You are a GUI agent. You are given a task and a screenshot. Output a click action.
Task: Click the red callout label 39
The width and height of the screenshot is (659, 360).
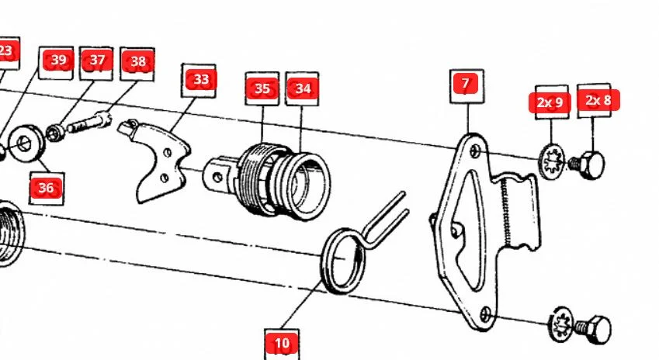(58, 60)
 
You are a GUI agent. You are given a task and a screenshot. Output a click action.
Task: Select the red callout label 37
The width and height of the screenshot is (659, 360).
(97, 60)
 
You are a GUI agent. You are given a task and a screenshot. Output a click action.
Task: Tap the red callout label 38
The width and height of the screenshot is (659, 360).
(138, 61)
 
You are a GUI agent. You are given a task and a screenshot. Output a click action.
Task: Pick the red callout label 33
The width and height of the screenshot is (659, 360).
(201, 79)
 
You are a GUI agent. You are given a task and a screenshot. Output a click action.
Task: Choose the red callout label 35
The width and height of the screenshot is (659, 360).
(262, 88)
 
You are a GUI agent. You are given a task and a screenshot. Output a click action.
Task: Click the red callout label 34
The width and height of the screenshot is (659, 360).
(303, 88)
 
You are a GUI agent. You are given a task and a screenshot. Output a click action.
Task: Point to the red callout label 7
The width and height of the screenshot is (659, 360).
(465, 83)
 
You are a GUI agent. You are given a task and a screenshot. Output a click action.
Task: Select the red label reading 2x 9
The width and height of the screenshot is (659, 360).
(550, 102)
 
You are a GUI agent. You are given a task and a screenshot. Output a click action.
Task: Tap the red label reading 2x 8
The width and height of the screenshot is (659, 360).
(598, 100)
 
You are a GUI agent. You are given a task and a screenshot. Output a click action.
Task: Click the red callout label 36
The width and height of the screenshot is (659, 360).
(46, 188)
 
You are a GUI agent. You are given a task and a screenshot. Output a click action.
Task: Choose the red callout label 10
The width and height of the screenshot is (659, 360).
(282, 344)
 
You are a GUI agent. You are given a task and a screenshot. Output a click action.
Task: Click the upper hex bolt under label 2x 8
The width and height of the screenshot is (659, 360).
(588, 164)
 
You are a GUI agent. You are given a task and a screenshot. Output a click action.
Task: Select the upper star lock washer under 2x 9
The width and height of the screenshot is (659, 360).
(551, 161)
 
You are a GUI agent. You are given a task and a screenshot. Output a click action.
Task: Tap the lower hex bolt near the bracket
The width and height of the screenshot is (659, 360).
(594, 329)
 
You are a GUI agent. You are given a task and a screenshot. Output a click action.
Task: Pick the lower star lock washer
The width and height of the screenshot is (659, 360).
(561, 324)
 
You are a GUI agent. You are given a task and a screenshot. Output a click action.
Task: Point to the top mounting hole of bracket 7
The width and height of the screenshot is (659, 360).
(475, 151)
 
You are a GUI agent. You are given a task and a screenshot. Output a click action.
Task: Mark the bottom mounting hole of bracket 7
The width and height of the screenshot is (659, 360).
(485, 313)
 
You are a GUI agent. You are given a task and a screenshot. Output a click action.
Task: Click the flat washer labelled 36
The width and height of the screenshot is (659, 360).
(26, 144)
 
